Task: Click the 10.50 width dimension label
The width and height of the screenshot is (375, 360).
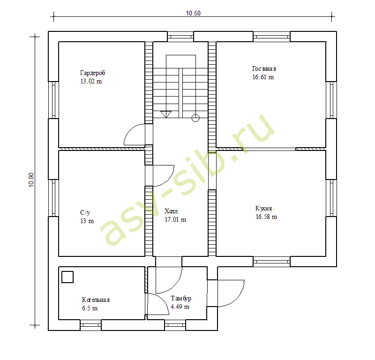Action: (193, 13)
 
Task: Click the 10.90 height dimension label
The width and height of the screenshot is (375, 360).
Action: (31, 180)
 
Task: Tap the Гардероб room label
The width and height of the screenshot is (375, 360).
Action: (92, 73)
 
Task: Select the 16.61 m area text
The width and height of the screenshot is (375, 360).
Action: (263, 77)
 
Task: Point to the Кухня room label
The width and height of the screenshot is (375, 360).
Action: (263, 208)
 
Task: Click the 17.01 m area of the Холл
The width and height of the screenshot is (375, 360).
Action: (175, 219)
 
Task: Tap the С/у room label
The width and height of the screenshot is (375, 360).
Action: (85, 212)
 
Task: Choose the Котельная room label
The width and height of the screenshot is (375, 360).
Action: (96, 300)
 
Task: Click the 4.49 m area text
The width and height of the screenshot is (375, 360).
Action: (180, 307)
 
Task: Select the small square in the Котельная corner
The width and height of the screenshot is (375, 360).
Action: (67, 277)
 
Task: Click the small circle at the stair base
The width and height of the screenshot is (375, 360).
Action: (195, 118)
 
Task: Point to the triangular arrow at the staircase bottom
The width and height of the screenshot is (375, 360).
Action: (166, 114)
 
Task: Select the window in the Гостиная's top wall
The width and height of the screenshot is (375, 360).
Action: (271, 37)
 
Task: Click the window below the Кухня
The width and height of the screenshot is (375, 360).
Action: (271, 262)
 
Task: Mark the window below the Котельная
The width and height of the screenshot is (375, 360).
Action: (90, 325)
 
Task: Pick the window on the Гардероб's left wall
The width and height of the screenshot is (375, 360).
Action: (53, 100)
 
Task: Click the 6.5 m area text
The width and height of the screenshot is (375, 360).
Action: (90, 308)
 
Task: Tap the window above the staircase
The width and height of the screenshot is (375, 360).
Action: (180, 37)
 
